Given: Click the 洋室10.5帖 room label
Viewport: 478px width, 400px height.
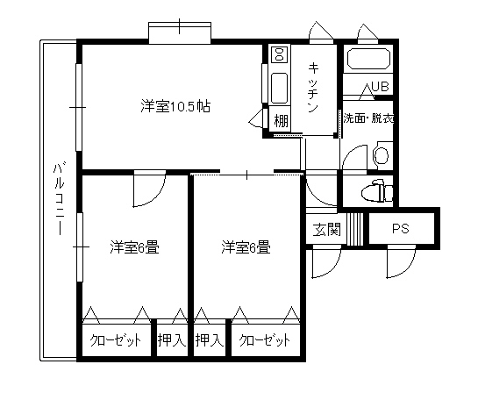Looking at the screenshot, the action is click(x=175, y=106).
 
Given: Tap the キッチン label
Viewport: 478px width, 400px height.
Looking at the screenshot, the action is click(x=313, y=87).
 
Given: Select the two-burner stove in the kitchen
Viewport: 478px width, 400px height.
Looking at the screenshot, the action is click(x=280, y=54).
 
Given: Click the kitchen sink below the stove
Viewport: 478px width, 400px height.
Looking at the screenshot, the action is click(x=279, y=88).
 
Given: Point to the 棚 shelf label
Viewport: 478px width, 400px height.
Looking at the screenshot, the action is click(x=281, y=120).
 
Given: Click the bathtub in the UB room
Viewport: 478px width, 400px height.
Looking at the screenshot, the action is click(x=368, y=58).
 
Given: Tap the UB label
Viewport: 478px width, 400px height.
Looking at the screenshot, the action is click(x=380, y=86).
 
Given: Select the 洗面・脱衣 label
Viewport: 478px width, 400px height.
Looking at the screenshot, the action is click(x=368, y=118).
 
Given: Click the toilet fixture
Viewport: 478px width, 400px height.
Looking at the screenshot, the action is click(x=377, y=191).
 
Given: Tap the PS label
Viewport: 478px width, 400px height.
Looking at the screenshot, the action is click(x=401, y=228).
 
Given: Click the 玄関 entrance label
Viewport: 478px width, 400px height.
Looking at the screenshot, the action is click(x=327, y=229).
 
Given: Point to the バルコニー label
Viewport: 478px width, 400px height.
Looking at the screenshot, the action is click(x=59, y=200).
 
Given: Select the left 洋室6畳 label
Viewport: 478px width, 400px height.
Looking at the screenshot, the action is click(x=134, y=247).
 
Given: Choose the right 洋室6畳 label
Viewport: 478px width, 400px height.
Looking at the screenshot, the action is click(x=246, y=247).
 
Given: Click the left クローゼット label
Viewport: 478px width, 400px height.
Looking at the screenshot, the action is click(x=116, y=340).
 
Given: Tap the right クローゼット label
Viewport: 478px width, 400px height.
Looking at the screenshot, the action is click(x=265, y=340).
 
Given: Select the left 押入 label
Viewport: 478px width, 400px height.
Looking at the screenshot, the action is click(x=172, y=340).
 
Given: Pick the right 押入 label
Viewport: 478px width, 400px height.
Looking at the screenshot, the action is click(x=210, y=340).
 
